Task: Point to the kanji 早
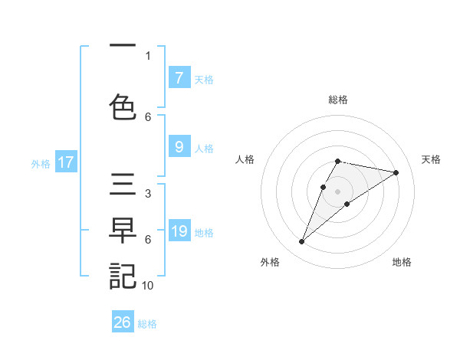point(123,230)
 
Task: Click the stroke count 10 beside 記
point(148,285)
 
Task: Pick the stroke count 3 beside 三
point(148,194)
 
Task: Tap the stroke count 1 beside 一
point(148,56)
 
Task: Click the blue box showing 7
point(179,78)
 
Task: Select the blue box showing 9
point(179,147)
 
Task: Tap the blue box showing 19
point(179,231)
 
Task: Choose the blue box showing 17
point(65,162)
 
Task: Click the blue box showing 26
point(123,322)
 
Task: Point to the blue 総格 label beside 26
point(147,324)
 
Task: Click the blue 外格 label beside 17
point(41,163)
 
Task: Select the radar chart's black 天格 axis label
point(432,159)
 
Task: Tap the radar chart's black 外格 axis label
point(270,262)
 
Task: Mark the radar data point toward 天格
point(396,172)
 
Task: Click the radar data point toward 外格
point(301,242)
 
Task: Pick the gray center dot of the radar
point(337,191)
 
